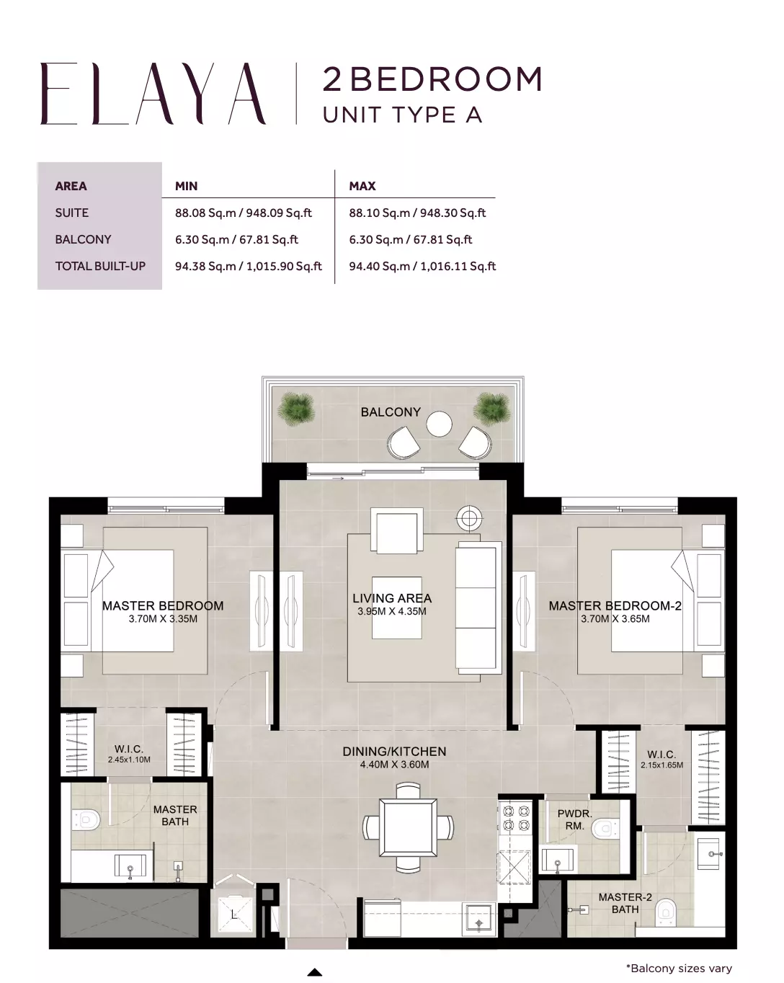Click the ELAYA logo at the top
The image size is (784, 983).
153,94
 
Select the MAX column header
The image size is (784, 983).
362,186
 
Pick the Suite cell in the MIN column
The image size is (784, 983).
243,213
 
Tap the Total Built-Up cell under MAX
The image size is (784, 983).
422,267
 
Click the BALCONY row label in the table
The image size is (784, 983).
83,239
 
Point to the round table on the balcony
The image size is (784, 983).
439,424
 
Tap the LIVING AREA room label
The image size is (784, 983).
392,598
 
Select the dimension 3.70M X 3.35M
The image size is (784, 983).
163,619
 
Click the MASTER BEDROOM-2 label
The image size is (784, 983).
615,605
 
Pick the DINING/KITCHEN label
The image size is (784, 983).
394,752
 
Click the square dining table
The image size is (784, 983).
408,828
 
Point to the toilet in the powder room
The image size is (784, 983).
604,828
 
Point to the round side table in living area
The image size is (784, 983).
469,518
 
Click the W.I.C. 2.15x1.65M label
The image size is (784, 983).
661,760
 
